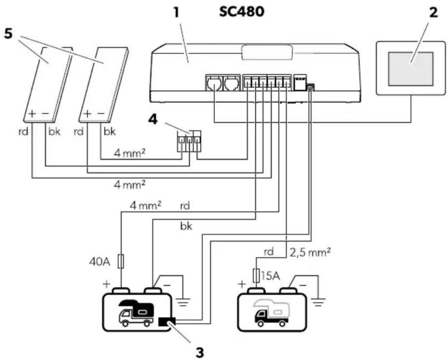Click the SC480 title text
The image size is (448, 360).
[x=241, y=12]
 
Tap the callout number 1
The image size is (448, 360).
[x=177, y=13]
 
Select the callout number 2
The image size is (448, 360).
[x=433, y=13]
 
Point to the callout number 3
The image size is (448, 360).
[x=199, y=352]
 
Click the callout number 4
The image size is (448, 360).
[x=153, y=120]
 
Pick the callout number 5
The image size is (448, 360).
[x=8, y=34]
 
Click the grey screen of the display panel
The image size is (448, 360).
[x=411, y=69]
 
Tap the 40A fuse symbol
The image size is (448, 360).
[x=121, y=261]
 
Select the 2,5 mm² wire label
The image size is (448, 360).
[x=310, y=252]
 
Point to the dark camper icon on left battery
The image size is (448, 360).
[x=136, y=313]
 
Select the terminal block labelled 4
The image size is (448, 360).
[x=189, y=141]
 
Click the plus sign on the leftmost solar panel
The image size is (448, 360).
[x=32, y=114]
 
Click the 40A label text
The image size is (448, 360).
[x=100, y=262]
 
